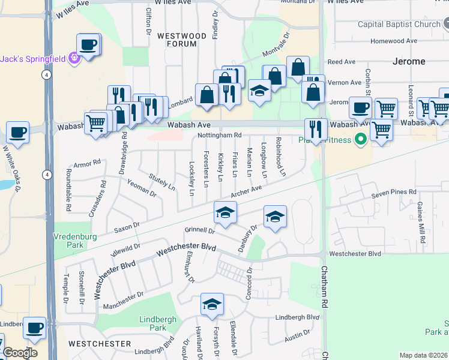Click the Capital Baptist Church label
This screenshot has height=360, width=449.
tap(399, 25)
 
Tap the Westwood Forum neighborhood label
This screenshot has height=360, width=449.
tap(182, 36)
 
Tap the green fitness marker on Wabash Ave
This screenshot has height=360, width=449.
tap(360, 140)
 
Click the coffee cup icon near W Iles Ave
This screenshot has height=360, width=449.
tap(88, 45)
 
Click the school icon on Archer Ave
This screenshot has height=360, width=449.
tap(225, 213)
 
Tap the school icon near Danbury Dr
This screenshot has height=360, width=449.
tap(275, 217)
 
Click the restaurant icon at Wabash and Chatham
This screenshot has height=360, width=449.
tap(316, 128)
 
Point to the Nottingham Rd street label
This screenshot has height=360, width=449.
tap(219, 136)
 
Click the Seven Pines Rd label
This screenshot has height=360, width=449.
tap(393, 192)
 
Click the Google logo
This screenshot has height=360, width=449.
tap(20, 352)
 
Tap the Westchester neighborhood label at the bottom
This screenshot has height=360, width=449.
tap(100, 344)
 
